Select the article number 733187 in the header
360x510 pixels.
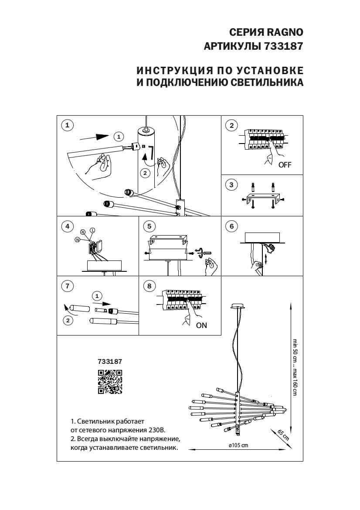point(283,47)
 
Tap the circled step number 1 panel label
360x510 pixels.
point(67,126)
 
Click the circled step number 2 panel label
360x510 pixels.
point(231,126)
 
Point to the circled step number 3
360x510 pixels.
point(231,185)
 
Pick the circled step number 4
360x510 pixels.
point(67,226)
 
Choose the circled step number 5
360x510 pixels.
point(149,226)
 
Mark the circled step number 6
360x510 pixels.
point(231,226)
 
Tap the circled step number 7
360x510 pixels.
point(67,286)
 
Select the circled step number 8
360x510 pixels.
point(149,286)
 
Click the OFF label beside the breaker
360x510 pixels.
point(285,165)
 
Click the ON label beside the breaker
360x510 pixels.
point(201,325)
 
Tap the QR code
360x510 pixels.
point(109,382)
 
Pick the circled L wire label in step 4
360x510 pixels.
point(92,230)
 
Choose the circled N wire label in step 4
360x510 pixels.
point(77,240)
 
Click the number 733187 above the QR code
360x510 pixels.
point(110,361)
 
